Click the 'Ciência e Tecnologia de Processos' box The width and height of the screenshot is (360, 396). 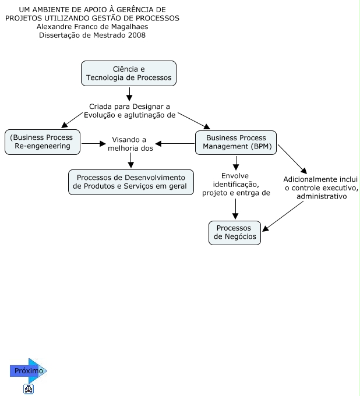pos(129,73)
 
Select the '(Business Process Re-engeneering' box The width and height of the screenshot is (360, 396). pos(43,142)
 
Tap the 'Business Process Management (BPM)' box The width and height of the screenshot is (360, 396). pos(236,143)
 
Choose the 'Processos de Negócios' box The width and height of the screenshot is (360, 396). pos(235,232)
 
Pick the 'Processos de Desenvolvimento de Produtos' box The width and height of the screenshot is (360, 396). pos(131,182)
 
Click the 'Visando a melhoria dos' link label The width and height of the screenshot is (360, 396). pos(130,144)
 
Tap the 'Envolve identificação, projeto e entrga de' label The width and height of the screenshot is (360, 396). pos(236,185)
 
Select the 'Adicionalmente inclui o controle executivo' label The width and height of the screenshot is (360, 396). pos(321,188)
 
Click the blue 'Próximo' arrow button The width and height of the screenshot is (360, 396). pos(29,371)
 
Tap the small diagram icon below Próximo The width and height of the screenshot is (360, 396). pos(29,389)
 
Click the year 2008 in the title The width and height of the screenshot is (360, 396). pos(137,35)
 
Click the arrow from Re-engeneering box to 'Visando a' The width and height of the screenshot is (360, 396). pos(93,144)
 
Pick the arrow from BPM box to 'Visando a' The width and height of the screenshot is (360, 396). pos(175,144)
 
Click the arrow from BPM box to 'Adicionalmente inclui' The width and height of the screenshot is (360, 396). pos(292,159)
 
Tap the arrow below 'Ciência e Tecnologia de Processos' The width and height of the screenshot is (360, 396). pos(129,94)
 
